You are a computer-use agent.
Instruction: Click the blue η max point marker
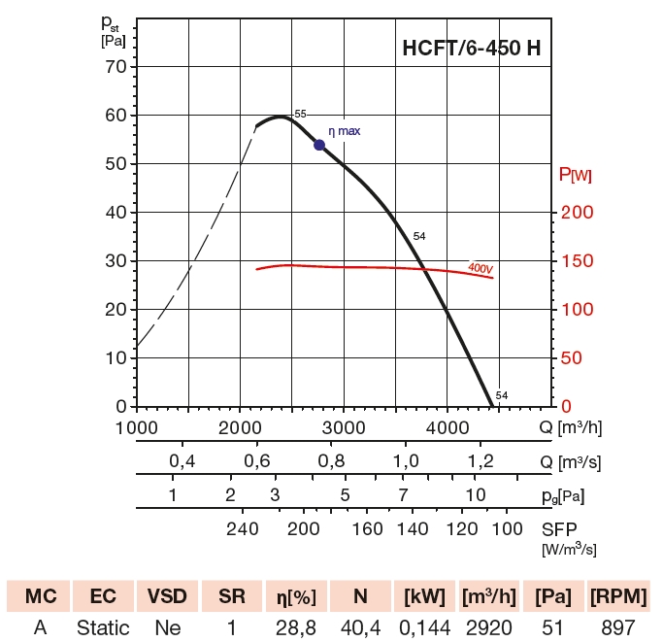[319, 145]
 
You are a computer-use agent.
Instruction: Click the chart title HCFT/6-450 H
[472, 49]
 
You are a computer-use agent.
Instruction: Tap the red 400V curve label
[480, 267]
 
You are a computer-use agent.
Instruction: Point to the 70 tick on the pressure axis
[115, 66]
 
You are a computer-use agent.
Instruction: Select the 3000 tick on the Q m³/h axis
[342, 427]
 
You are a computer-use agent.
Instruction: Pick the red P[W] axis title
[576, 175]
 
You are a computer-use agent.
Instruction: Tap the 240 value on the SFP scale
[243, 528]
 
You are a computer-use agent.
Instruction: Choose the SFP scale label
[560, 528]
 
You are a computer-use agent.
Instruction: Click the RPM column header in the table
[618, 595]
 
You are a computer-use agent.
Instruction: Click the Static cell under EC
[103, 627]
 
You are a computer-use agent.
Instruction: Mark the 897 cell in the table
[617, 627]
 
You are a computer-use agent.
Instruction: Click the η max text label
[344, 130]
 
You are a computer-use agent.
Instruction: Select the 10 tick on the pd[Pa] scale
[475, 494]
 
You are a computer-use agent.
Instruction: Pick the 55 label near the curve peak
[300, 114]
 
